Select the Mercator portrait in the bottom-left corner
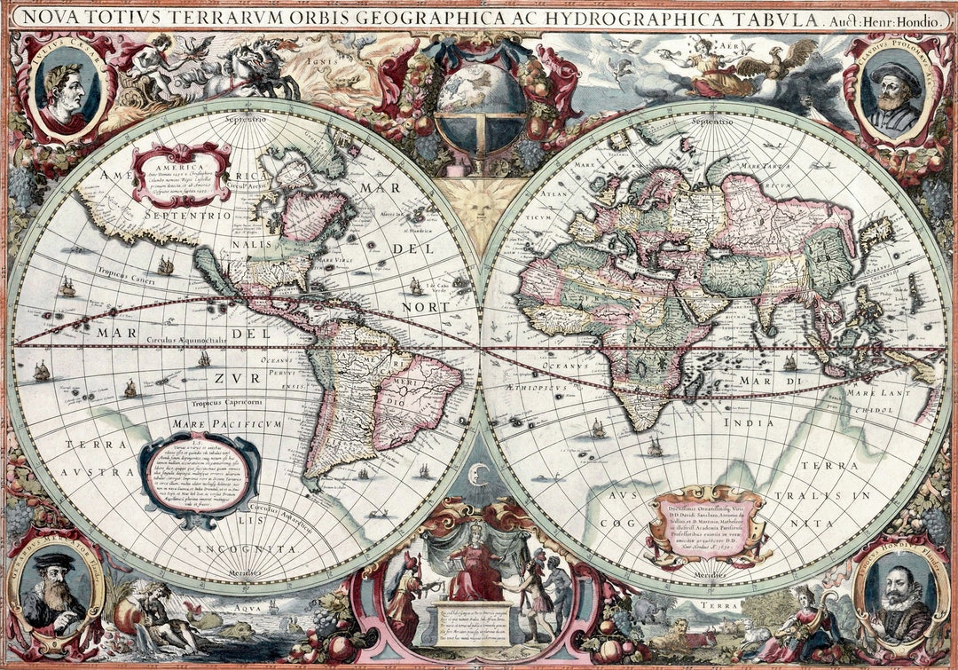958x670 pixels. pos(56,589)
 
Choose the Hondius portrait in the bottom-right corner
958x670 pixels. pos(899,593)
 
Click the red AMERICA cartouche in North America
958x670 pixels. pos(181,174)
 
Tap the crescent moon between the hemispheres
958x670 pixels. pos(479,475)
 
